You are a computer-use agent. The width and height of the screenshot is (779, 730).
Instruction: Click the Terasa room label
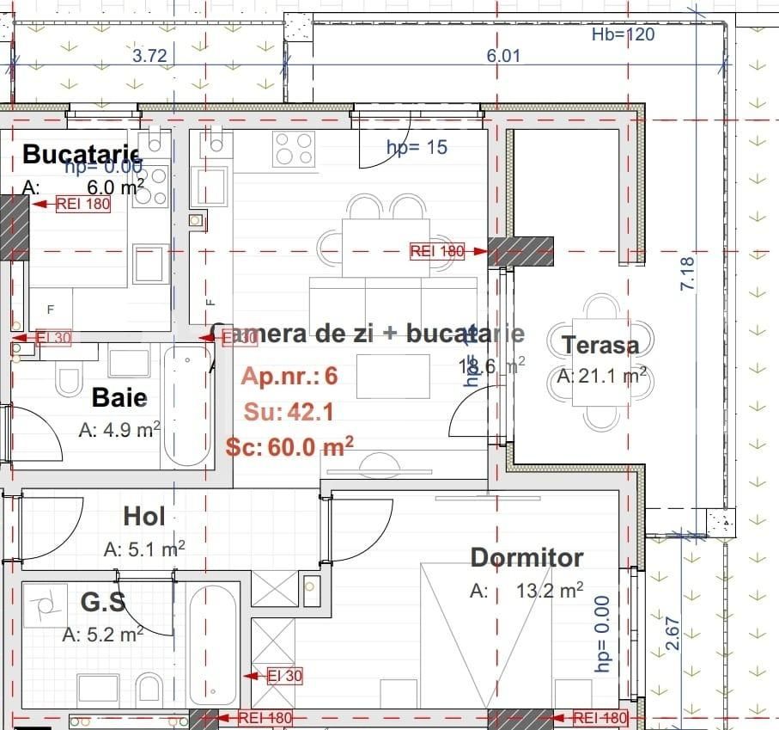coord(600,346)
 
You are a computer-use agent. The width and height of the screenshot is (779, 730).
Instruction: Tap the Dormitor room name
coord(526,557)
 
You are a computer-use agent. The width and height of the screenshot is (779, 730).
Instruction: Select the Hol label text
coord(144,516)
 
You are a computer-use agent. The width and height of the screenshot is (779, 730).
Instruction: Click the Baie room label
coord(119,397)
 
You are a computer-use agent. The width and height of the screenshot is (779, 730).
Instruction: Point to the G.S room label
coord(103,602)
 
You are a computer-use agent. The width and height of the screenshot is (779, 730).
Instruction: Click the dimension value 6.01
coord(503,56)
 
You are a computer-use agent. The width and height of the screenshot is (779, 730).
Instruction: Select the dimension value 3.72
coord(149,56)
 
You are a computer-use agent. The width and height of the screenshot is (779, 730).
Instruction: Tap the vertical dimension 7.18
coord(686,273)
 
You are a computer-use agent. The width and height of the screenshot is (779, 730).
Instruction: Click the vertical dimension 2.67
coord(672,633)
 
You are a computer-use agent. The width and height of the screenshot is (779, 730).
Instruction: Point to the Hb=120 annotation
coord(624,34)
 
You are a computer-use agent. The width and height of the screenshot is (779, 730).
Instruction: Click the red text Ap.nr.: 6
coord(289,377)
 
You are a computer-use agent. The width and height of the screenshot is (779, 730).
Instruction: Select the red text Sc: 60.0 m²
coord(290,447)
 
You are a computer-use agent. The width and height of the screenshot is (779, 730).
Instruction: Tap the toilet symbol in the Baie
coord(68,379)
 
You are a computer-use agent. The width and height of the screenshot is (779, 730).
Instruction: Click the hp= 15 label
coord(417,147)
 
